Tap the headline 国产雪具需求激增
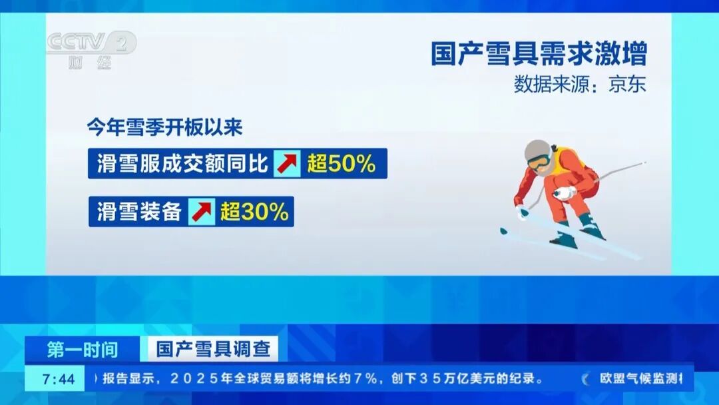point(539,54)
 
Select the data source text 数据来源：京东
point(580,85)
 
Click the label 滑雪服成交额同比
point(182,163)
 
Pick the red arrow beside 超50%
point(288,164)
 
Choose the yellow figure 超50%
point(342,164)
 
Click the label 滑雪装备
point(139,212)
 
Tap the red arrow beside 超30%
point(202,212)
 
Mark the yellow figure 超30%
point(254,212)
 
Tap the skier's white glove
point(565,194)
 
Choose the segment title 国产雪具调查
point(209,349)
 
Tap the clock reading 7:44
point(59,379)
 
